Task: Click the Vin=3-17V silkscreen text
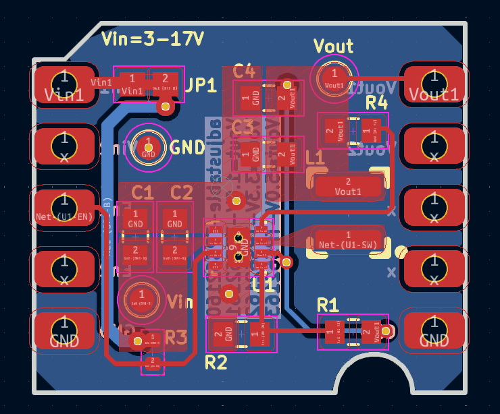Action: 152,39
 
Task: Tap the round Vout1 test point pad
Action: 334,76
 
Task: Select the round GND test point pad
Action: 149,146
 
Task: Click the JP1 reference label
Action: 201,85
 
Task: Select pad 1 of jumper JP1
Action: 132,84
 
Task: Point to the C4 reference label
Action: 244,71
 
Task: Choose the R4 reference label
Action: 376,102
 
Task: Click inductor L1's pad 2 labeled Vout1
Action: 348,186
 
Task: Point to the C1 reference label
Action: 142,193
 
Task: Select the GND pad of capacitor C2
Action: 175,218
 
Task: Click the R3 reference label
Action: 176,336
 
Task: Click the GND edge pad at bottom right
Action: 433,332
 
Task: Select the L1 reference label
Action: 315,158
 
